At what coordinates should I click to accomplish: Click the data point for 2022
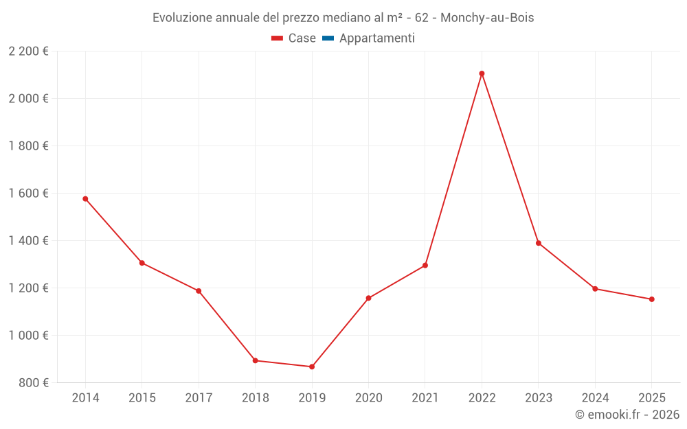(x=482, y=73)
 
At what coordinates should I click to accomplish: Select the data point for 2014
(x=85, y=199)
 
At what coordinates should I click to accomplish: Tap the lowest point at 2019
(x=312, y=367)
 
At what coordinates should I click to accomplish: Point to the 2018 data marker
(x=255, y=360)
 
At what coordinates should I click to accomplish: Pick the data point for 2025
(x=651, y=299)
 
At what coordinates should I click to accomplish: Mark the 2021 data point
(x=425, y=266)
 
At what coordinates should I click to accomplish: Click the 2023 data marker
(x=539, y=243)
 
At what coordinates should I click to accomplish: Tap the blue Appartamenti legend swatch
(x=328, y=38)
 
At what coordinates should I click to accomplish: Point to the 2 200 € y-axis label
(x=28, y=51)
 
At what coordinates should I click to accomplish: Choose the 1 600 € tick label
(x=28, y=193)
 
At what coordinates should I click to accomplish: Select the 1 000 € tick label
(x=28, y=335)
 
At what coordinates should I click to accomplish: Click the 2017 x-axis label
(x=199, y=398)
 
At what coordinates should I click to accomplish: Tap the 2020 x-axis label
(x=368, y=398)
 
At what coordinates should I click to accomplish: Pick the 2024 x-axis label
(x=595, y=398)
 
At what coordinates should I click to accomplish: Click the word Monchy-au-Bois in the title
(x=487, y=18)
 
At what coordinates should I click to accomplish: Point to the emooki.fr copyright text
(x=627, y=415)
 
